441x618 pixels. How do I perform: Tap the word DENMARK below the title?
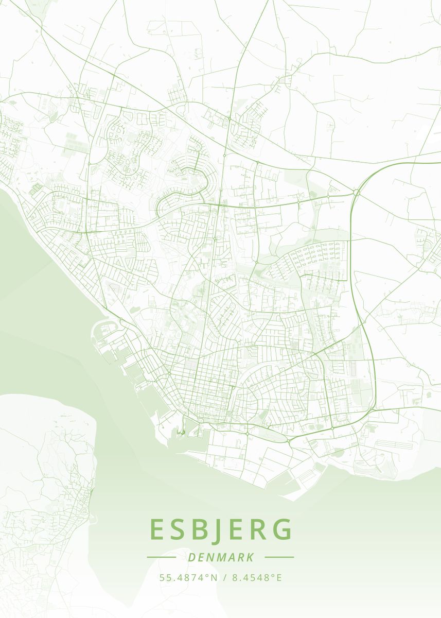221,557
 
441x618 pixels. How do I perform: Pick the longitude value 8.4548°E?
257,577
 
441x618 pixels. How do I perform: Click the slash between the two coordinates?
224,577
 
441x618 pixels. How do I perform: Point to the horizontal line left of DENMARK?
162,557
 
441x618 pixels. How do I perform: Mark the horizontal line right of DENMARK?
279,557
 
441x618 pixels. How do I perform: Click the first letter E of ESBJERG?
157,530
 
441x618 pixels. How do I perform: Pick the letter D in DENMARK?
191,557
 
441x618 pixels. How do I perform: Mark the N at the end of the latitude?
215,577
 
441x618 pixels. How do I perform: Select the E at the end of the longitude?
279,577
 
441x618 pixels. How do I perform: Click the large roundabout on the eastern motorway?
356,193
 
